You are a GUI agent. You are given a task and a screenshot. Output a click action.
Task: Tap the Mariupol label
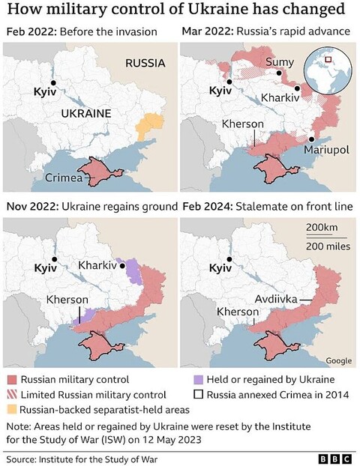[x=326, y=150]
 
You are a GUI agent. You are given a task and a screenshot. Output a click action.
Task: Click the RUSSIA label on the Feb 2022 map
[x=145, y=63]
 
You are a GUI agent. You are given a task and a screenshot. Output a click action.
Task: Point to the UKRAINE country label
[x=85, y=113]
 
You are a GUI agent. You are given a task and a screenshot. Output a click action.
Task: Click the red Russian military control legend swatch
[x=10, y=379]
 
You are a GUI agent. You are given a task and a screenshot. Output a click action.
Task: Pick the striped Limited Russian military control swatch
[x=10, y=394]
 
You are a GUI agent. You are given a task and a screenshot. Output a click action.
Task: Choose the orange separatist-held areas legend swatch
[x=10, y=410]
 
